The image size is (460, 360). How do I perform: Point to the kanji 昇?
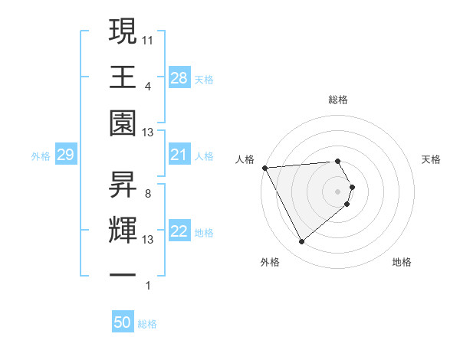[123, 182]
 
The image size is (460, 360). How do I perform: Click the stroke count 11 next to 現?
[149, 38]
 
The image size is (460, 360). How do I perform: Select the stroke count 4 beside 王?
[147, 86]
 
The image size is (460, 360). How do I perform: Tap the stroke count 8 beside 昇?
[147, 193]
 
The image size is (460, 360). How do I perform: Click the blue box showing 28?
[179, 78]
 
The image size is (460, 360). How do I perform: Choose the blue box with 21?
[179, 155]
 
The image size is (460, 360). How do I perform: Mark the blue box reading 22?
[179, 232]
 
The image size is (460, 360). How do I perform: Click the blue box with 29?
[65, 155]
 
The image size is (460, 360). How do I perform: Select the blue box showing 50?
[123, 322]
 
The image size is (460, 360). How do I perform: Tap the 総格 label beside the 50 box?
[147, 324]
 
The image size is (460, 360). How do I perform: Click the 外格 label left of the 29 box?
[41, 156]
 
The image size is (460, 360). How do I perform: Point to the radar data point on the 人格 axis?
[264, 167]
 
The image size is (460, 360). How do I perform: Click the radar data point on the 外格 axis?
[301, 242]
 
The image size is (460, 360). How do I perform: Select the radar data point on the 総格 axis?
[337, 161]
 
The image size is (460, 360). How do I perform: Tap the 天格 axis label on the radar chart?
[431, 159]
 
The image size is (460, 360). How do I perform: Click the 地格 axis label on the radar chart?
[402, 262]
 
